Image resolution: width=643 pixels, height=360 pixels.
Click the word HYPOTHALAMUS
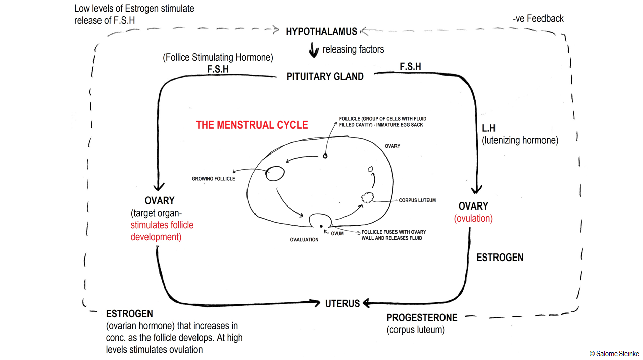(322, 32)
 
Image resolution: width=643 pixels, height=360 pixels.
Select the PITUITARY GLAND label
(325, 77)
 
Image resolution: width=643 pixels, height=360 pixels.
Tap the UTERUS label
(342, 304)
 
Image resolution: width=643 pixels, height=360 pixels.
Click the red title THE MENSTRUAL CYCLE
(252, 125)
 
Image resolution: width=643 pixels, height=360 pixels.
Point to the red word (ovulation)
(473, 219)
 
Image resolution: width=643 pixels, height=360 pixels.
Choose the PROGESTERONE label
(422, 318)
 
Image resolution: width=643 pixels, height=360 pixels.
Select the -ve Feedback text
(538, 19)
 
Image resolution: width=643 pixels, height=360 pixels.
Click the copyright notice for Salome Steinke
(614, 354)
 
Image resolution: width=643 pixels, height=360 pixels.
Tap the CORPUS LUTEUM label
(417, 200)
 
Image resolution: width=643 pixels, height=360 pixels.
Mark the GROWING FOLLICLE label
(213, 179)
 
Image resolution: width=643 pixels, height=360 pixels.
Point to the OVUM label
(337, 233)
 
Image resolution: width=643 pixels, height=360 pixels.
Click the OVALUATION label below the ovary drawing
(304, 240)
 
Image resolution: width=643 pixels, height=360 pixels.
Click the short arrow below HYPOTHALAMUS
(314, 49)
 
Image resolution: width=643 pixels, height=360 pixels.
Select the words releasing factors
(353, 49)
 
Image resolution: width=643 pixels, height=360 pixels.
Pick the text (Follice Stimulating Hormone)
(218, 58)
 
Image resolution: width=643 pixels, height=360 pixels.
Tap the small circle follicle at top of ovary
(325, 156)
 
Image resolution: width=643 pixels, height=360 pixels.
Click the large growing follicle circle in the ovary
(275, 173)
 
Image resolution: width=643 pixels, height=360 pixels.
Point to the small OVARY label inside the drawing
(392, 146)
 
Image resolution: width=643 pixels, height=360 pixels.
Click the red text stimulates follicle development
(162, 231)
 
